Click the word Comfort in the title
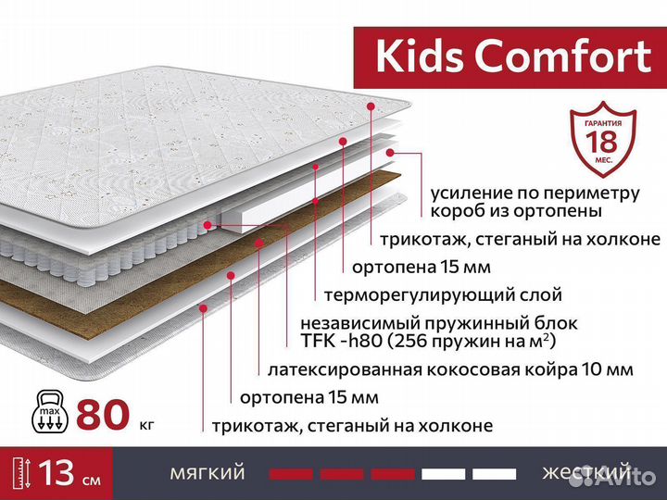(x=564, y=56)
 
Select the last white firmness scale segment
(x=494, y=474)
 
